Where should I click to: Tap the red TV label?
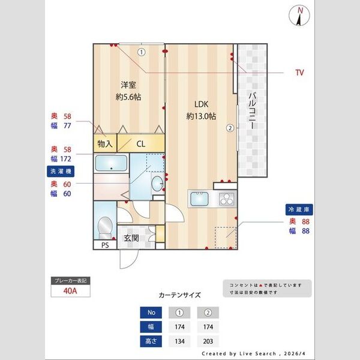point(299,73)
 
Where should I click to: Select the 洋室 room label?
point(128,85)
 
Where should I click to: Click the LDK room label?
point(200,103)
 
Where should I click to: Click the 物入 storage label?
point(105,144)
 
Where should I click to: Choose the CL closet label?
point(140,144)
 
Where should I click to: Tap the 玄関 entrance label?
point(131,238)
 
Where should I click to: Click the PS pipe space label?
point(104,245)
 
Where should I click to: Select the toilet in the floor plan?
point(104,226)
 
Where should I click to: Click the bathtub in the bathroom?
point(112,163)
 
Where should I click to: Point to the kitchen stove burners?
point(227,198)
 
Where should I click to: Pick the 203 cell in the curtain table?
point(208,343)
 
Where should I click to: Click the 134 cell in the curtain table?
point(179,343)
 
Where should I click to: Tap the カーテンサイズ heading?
point(179,295)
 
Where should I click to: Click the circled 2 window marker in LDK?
point(229,127)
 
